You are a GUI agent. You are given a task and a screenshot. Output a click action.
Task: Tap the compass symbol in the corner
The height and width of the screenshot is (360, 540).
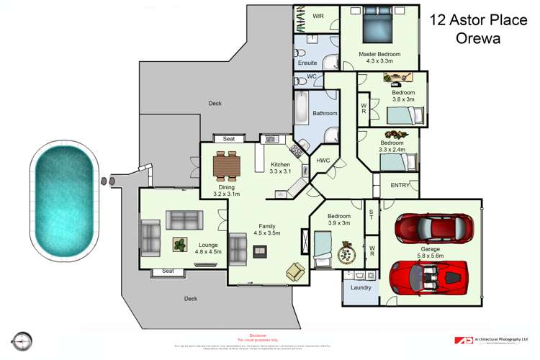click(23, 340)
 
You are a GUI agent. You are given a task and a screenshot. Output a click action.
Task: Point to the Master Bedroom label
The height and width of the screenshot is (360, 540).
click(379, 54)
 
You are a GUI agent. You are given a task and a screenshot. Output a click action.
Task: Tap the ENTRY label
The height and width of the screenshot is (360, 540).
click(400, 185)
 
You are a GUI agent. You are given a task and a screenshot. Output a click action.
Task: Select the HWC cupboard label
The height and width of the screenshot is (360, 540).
click(323, 160)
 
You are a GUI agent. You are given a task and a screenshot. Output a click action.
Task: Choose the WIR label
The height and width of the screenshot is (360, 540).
click(318, 15)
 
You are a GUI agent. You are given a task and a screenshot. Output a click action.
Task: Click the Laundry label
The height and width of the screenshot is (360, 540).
click(361, 288)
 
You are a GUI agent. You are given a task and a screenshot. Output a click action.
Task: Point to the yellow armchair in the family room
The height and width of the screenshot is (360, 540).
click(295, 271)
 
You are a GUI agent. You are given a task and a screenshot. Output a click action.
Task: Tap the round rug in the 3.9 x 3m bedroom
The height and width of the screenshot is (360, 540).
click(347, 255)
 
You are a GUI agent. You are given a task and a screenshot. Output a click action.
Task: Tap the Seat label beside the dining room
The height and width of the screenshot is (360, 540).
click(229, 139)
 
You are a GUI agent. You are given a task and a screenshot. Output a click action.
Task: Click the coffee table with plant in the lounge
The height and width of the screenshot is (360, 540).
click(179, 244)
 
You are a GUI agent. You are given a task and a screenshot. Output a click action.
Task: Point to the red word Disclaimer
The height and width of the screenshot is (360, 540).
click(257, 336)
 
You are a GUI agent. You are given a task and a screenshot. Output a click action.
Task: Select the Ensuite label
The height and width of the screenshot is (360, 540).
click(307, 63)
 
